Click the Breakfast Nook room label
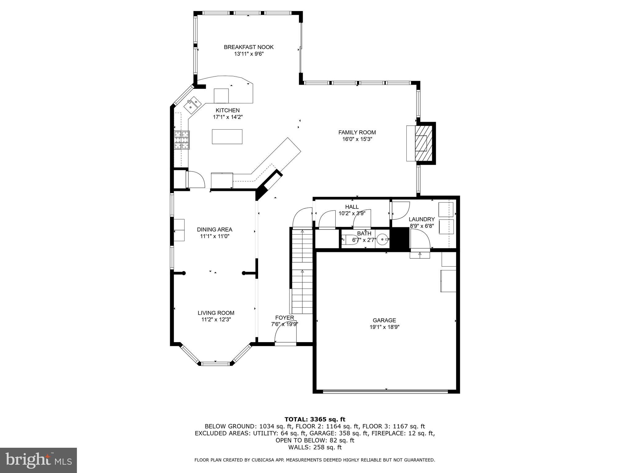(x=249, y=47)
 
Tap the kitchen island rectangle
(x=227, y=137)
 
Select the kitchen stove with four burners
(x=182, y=140)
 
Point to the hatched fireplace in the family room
(x=421, y=143)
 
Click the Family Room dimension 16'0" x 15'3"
(x=357, y=139)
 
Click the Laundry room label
(x=421, y=219)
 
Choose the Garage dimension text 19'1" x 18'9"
(x=384, y=327)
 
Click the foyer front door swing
(x=285, y=333)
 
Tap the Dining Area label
(x=214, y=229)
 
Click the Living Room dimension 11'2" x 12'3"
(x=216, y=320)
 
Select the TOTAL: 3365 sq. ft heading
(x=315, y=419)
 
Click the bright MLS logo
(x=38, y=460)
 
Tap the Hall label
(x=352, y=207)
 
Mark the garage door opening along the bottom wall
(x=386, y=391)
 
